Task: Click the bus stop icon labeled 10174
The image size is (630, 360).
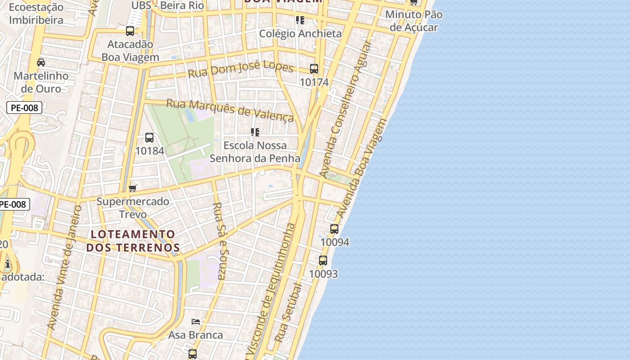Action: (x=314, y=69)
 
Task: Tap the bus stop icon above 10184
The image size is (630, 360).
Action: (x=149, y=138)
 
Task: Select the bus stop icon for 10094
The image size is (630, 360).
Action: (x=334, y=229)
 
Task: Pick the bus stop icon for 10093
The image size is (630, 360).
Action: (x=323, y=261)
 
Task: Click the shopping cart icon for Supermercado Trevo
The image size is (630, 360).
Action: (x=132, y=188)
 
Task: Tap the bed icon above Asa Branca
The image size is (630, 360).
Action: (x=196, y=322)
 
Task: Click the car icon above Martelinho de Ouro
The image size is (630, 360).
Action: (x=41, y=63)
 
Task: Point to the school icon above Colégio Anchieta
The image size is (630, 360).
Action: (x=300, y=20)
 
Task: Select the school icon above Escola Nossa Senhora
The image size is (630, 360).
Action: (x=255, y=132)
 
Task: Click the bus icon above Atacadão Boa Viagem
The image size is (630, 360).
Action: (x=130, y=31)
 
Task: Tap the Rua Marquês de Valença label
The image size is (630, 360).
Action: (x=230, y=110)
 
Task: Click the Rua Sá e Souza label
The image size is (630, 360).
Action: (x=220, y=241)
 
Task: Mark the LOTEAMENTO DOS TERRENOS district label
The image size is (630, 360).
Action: (x=133, y=241)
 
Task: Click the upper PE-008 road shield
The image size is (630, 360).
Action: (x=25, y=108)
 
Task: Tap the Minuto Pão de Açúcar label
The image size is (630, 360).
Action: (x=414, y=21)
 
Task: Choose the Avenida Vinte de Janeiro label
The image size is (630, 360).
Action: (x=65, y=268)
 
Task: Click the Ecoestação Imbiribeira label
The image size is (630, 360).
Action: (x=36, y=13)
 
